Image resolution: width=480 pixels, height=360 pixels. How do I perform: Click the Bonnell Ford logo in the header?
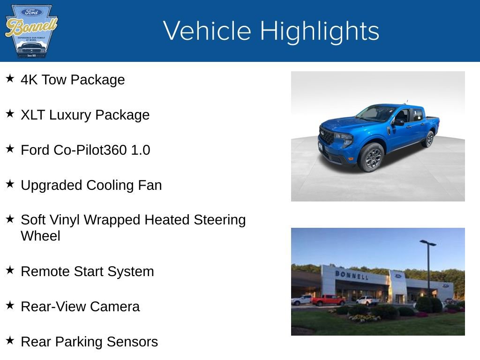pyautogui.click(x=31, y=31)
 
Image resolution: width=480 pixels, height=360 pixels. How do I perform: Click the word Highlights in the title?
pyautogui.click(x=320, y=31)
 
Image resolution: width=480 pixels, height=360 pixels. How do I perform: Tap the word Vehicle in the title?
pyautogui.click(x=208, y=31)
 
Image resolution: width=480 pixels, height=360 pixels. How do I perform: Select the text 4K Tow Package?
pyautogui.click(x=73, y=80)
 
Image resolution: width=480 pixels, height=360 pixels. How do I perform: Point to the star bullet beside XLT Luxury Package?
pyautogui.click(x=10, y=114)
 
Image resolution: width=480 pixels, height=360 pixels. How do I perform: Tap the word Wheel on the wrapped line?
pyautogui.click(x=41, y=236)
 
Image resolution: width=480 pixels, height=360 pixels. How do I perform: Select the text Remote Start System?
pyautogui.click(x=87, y=271)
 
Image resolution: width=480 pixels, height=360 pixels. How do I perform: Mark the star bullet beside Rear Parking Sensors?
pyautogui.click(x=10, y=341)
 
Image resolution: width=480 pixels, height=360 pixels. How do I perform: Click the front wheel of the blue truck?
pyautogui.click(x=372, y=157)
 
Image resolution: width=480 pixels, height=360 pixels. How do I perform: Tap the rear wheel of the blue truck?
pyautogui.click(x=428, y=139)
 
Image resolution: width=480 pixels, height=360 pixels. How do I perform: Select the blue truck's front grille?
pyautogui.click(x=327, y=136)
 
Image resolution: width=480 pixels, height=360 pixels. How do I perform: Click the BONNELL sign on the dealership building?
pyautogui.click(x=352, y=275)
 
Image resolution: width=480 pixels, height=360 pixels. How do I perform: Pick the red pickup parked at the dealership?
pyautogui.click(x=328, y=300)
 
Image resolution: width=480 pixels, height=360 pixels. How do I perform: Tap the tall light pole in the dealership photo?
pyautogui.click(x=428, y=267)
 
